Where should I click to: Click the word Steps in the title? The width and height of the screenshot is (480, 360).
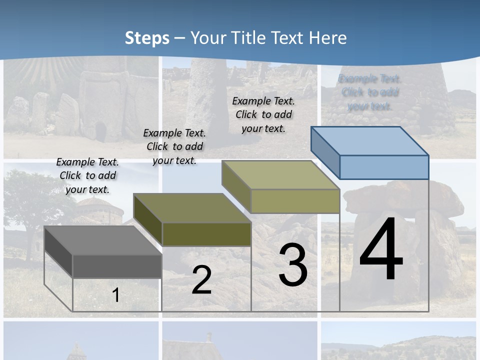click(147, 38)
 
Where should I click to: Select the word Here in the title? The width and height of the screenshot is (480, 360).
click(328, 38)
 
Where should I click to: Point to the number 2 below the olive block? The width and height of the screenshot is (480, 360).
click(201, 280)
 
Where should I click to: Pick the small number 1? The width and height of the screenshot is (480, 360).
click(115, 295)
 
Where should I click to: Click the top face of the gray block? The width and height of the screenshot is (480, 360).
click(102, 240)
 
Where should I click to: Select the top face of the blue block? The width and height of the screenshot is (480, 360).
click(369, 141)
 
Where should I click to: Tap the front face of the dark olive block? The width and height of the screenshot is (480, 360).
click(206, 234)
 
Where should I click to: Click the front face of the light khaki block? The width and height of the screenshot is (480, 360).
click(295, 201)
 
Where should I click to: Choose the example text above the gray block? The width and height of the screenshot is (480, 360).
click(87, 175)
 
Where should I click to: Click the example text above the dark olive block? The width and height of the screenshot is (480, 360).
click(174, 146)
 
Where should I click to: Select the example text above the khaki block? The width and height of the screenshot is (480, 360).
click(263, 114)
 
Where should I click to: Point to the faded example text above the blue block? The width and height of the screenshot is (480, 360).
click(369, 92)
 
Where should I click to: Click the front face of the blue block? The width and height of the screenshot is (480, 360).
click(384, 167)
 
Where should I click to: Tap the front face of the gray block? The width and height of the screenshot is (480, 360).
click(117, 266)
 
